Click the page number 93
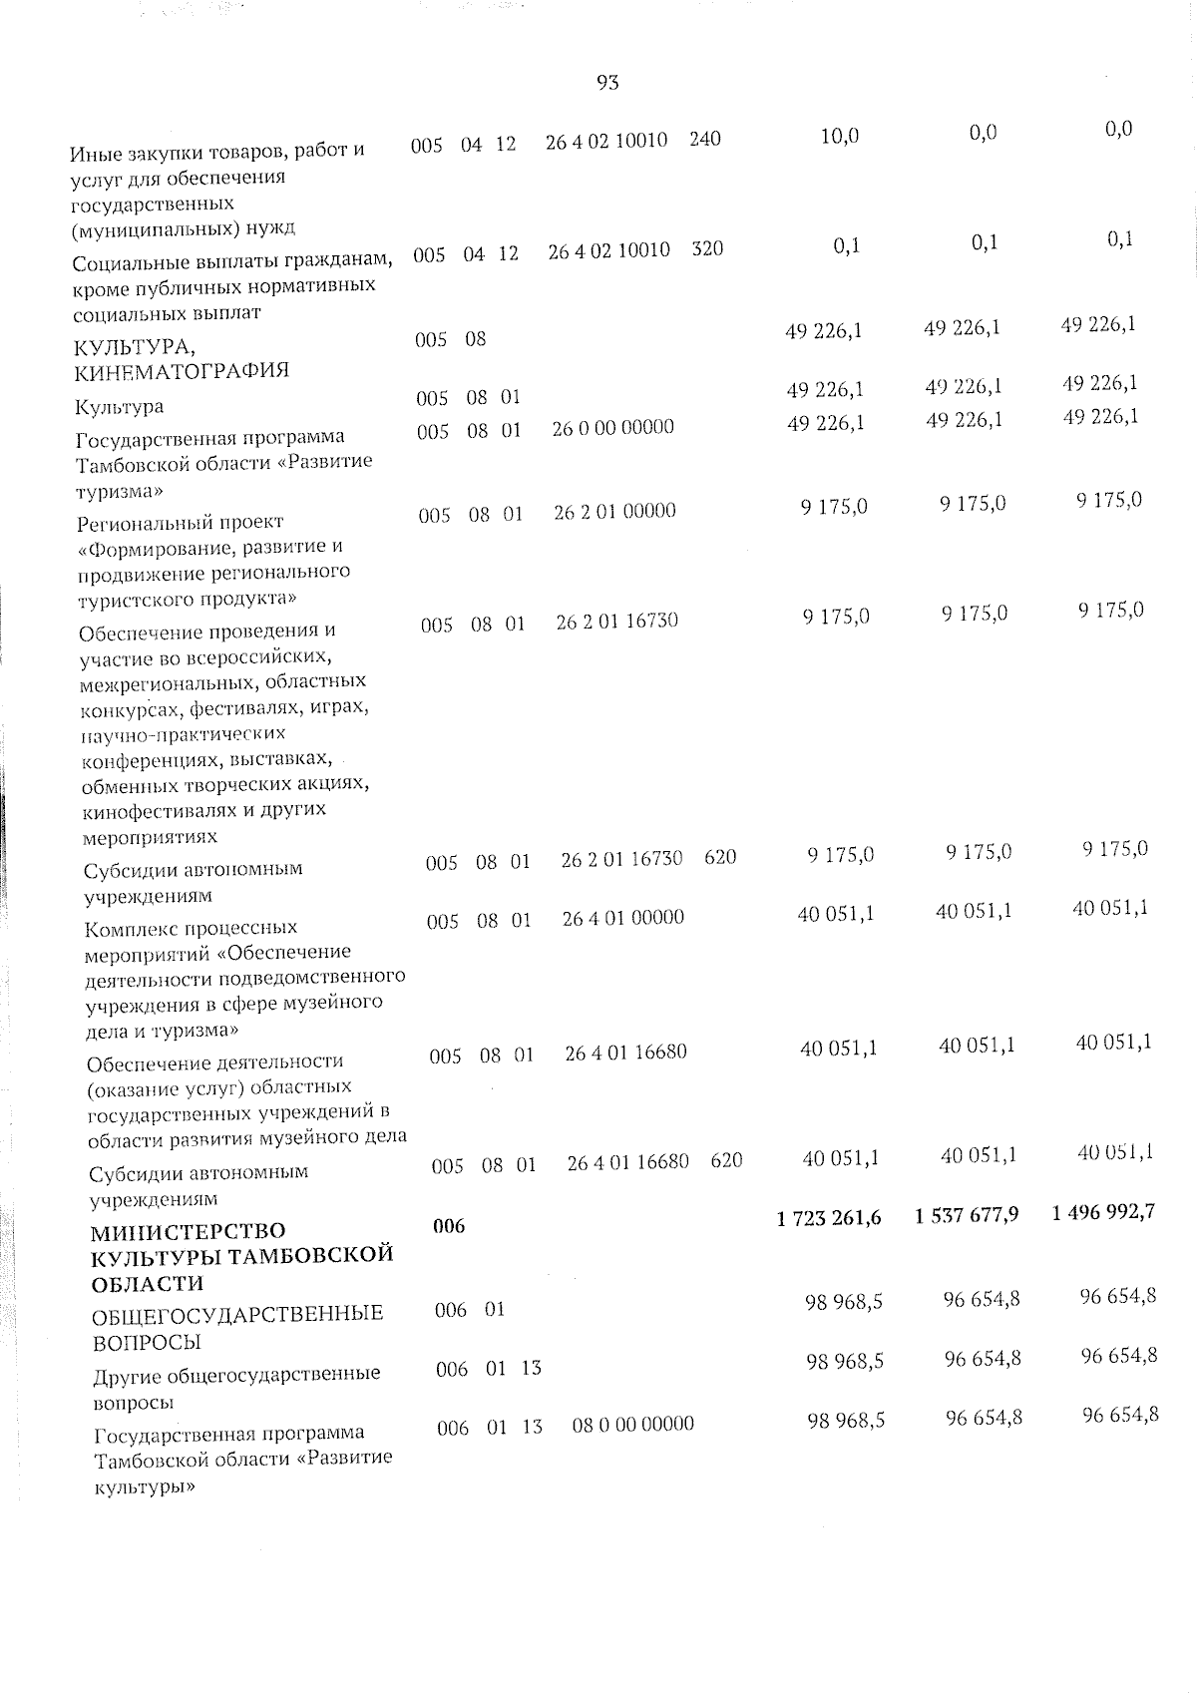point(607,83)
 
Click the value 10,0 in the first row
point(839,137)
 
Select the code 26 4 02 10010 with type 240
point(606,141)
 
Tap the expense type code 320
point(707,248)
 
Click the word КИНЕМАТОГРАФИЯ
point(182,371)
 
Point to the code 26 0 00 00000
point(613,427)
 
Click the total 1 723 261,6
point(828,1217)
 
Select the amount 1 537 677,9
point(966,1214)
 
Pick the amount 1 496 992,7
point(1103,1212)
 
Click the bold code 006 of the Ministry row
point(450,1226)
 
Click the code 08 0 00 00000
point(633,1424)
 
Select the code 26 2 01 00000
point(615,511)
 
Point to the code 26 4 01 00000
point(623,917)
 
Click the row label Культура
point(120,407)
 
